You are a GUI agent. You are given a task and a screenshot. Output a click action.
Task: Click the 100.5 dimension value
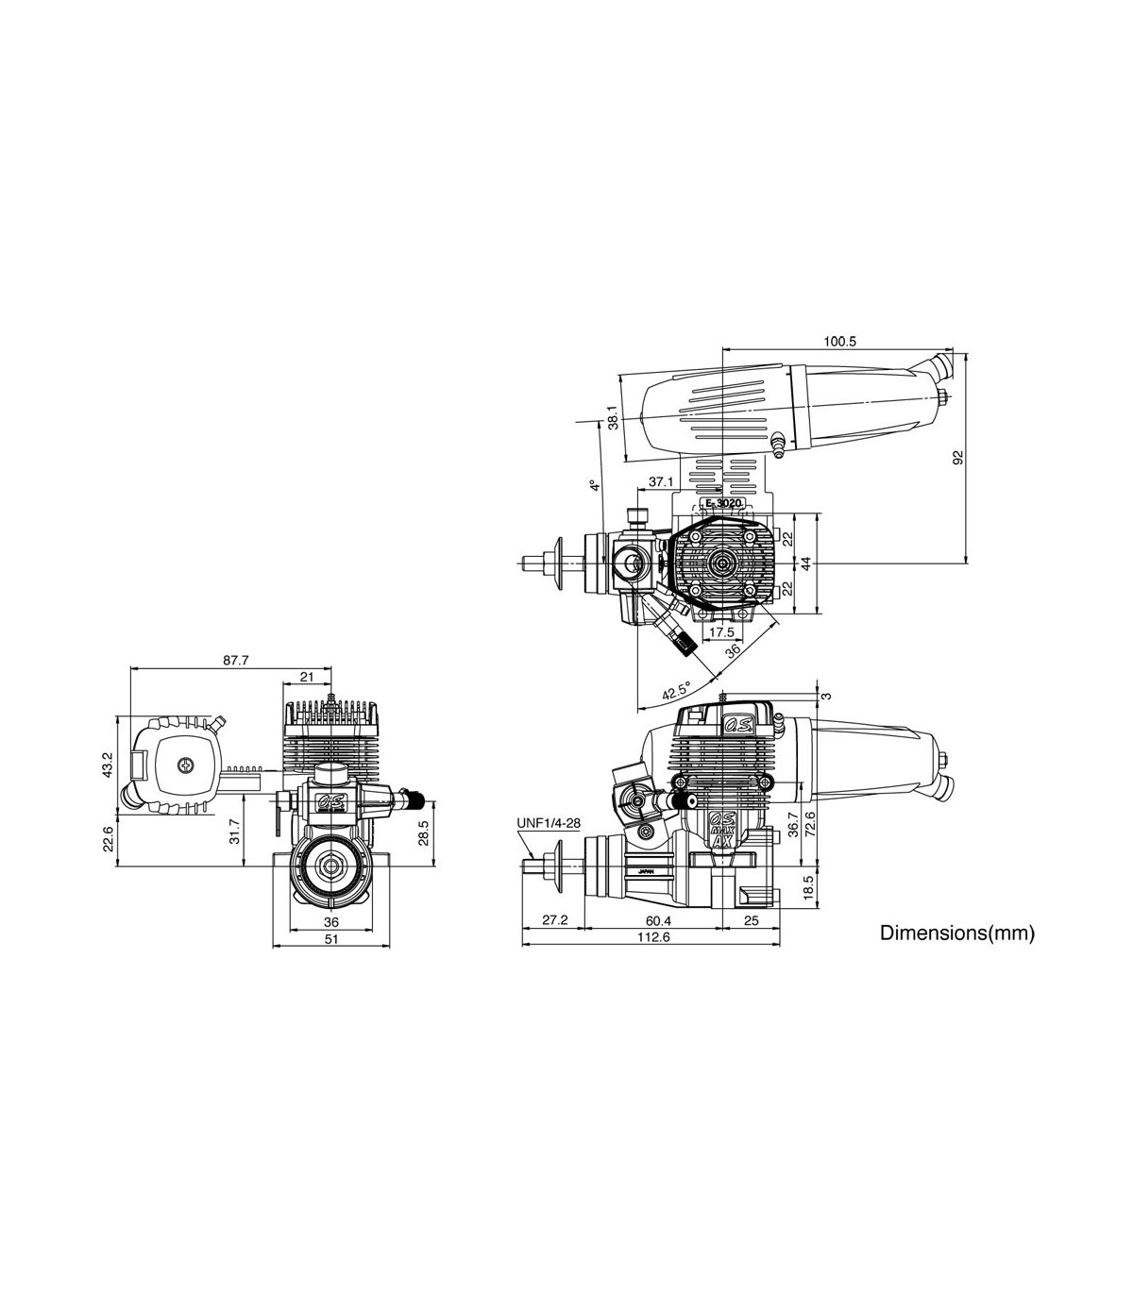point(839,342)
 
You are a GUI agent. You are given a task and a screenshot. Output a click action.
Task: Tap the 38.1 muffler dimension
point(613,418)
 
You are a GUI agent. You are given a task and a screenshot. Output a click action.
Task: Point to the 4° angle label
point(594,486)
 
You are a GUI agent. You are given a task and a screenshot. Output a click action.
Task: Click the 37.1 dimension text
point(661,482)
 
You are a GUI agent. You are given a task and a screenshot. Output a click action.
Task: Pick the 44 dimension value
point(805,563)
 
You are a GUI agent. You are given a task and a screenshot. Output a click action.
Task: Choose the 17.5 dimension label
point(721,631)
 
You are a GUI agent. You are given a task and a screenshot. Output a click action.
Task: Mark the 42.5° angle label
point(676,690)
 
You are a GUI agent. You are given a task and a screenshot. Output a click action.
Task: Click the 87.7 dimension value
point(235,660)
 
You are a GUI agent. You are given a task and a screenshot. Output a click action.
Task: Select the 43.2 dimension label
point(107,765)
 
